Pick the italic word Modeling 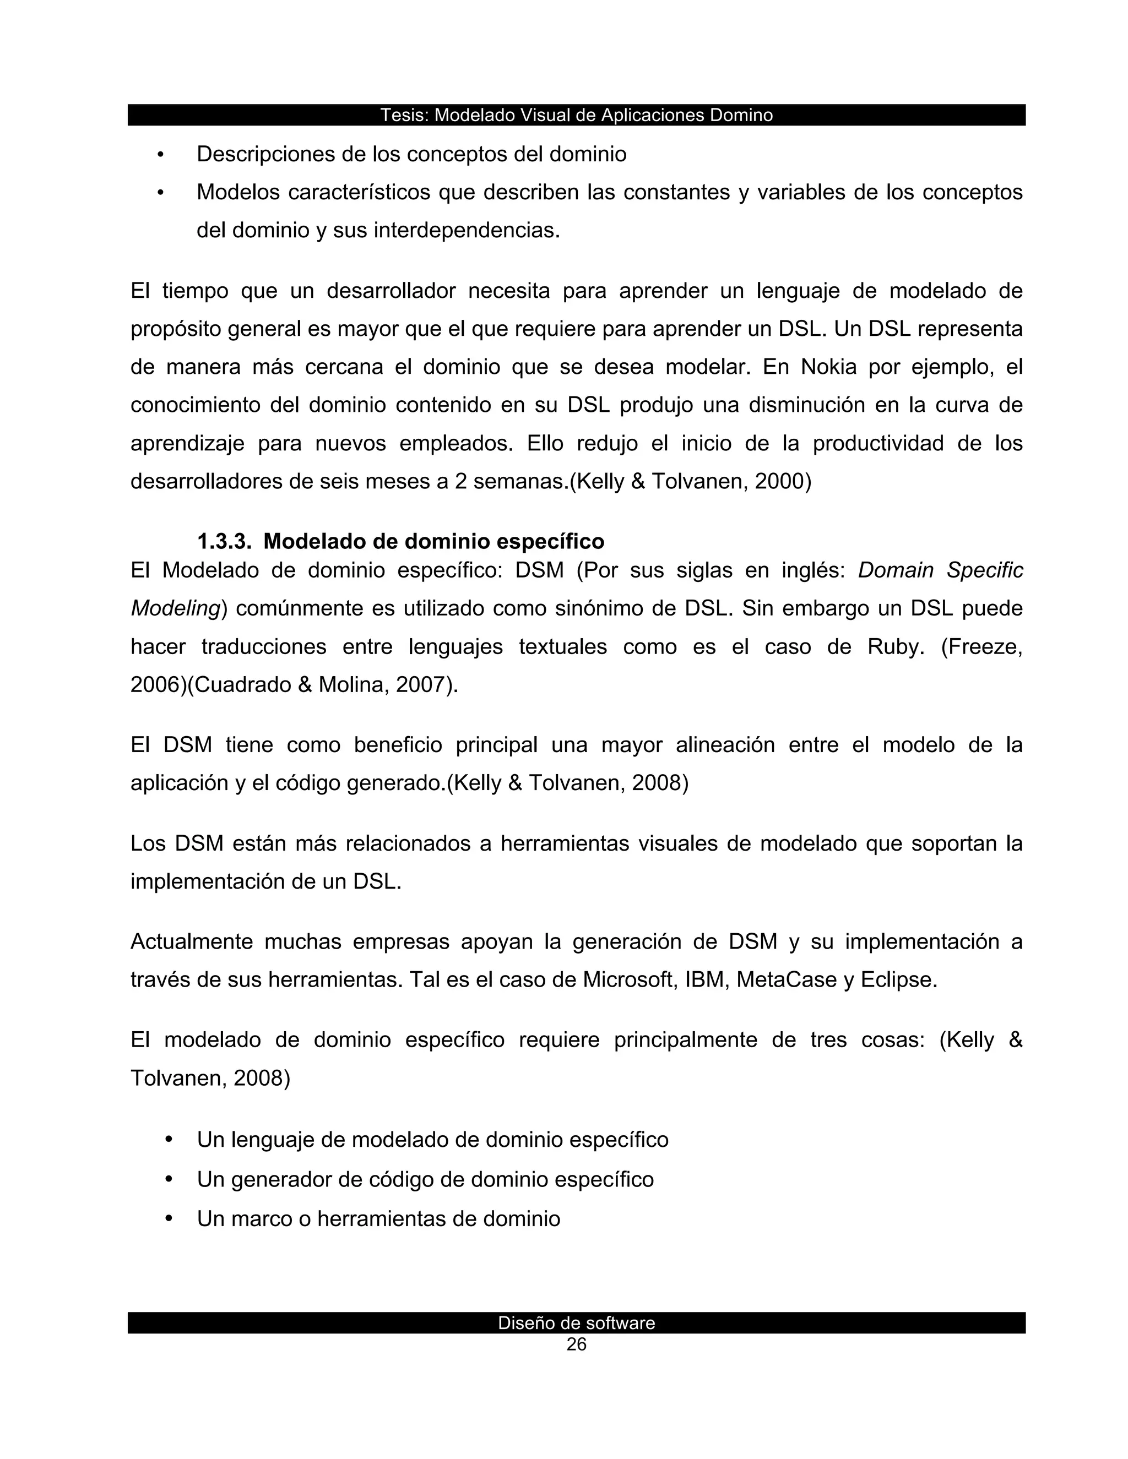pos(175,608)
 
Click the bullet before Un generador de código pos(169,1180)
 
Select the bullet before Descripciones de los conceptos pos(160,156)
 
